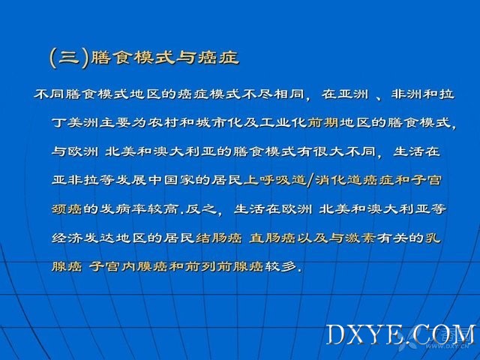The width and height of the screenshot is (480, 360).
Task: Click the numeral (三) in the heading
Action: [x=69, y=58]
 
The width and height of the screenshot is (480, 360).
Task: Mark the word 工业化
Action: [x=283, y=123]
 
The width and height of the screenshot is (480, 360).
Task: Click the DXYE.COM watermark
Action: [x=400, y=335]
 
